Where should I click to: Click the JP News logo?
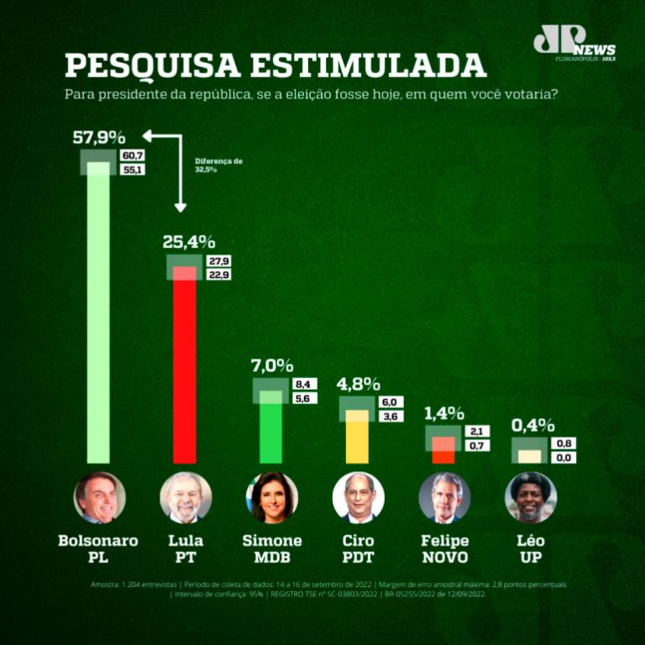[x=573, y=43]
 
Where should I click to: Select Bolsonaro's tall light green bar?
[x=98, y=319]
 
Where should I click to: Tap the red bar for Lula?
[x=185, y=370]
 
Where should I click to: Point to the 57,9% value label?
[x=99, y=137]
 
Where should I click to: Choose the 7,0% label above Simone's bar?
[x=272, y=365]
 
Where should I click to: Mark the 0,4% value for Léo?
[x=533, y=425]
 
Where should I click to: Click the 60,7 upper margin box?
[x=133, y=155]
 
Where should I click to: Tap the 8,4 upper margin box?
[x=303, y=385]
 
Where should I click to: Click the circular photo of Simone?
[x=271, y=497]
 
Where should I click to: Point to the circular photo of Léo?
[x=531, y=497]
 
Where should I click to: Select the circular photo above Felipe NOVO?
[x=444, y=497]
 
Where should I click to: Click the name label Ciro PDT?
[x=358, y=548]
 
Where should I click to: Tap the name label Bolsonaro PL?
[x=97, y=548]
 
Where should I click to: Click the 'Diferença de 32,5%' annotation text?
[x=218, y=165]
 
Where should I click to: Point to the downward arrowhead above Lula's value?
[x=180, y=207]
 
